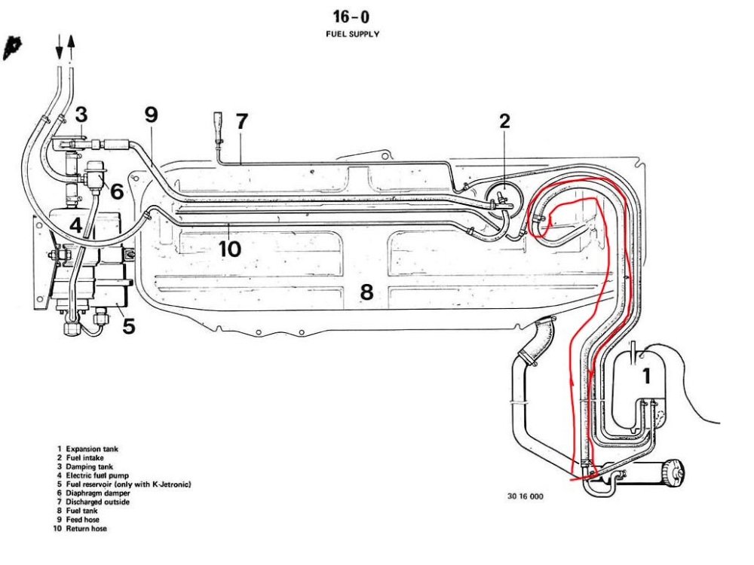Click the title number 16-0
351,17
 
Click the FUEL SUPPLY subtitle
352,34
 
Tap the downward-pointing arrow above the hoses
59,47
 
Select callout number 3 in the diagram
81,115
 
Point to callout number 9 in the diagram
152,115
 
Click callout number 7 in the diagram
241,121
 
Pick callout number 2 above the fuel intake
504,121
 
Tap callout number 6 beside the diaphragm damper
117,191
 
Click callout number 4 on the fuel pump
76,224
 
